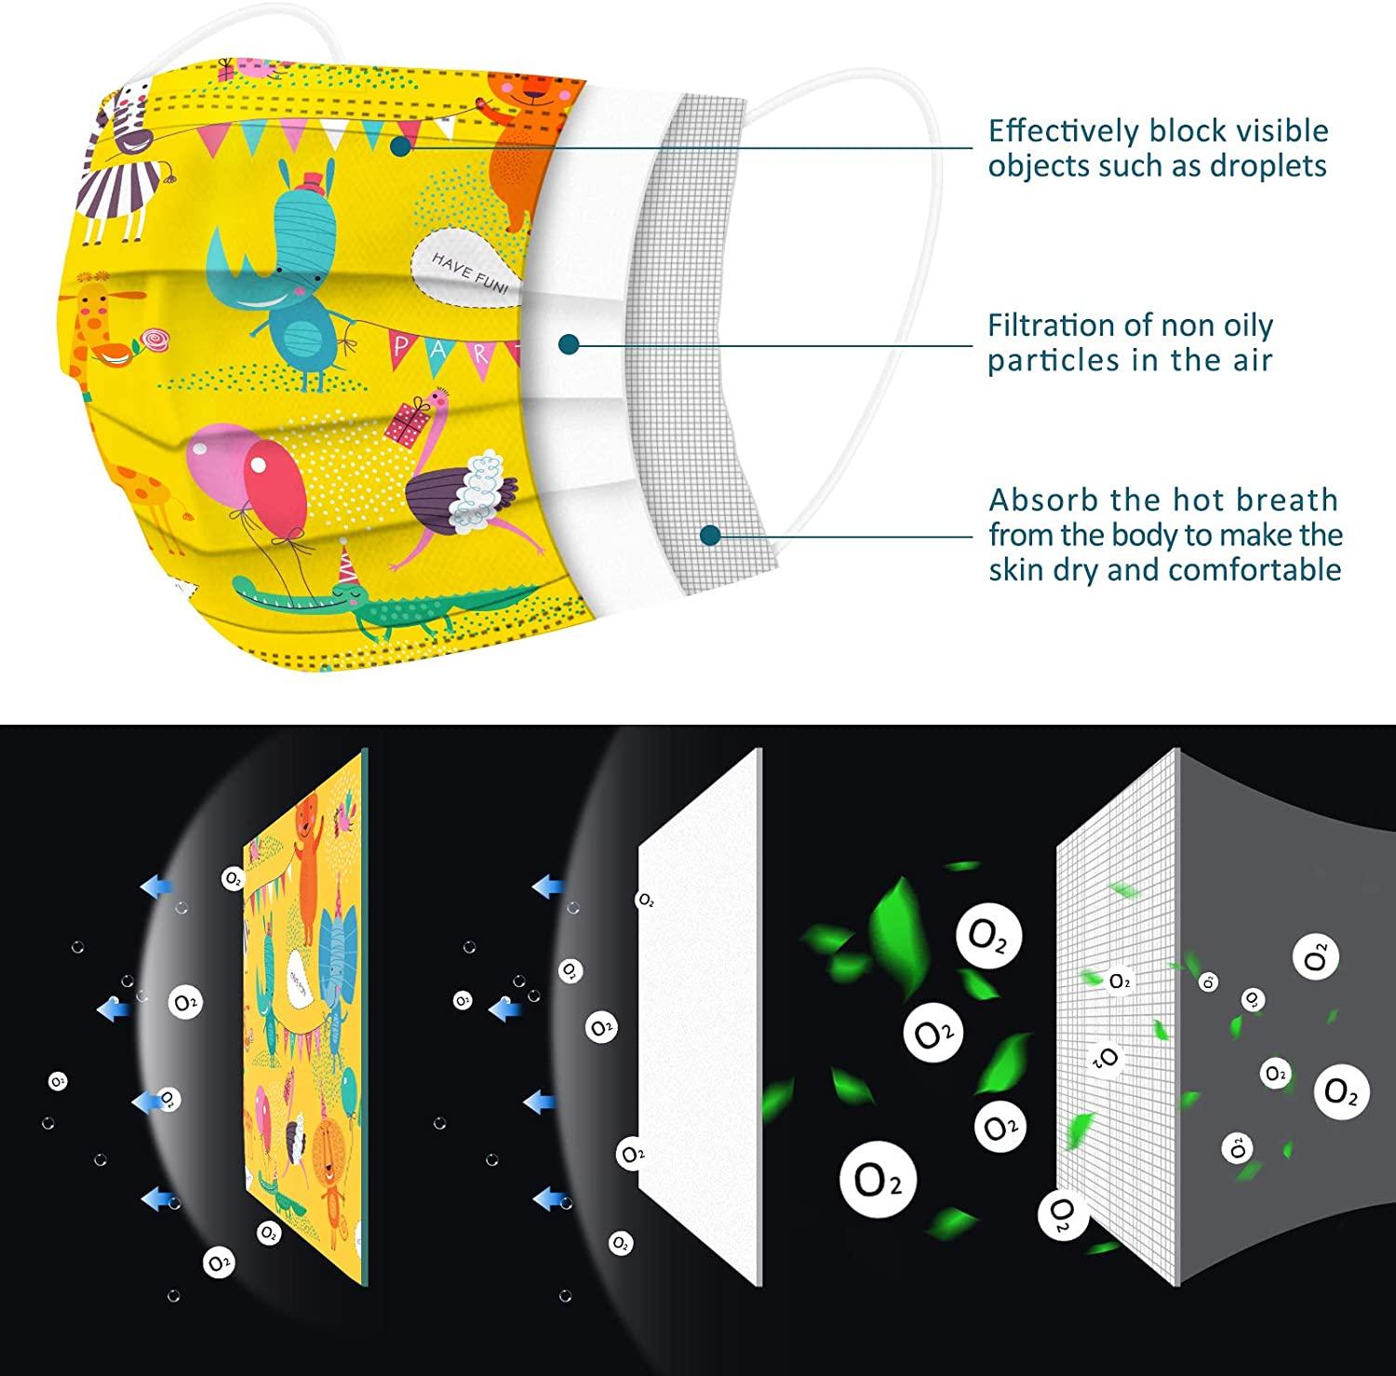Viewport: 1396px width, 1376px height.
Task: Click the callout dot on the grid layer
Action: [711, 535]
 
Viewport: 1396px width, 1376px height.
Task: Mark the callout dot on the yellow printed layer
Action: [401, 146]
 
